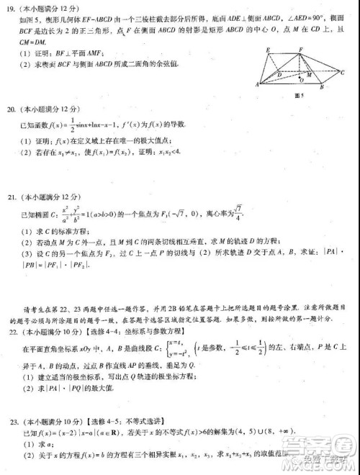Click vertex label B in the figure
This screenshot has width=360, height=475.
[322, 87]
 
